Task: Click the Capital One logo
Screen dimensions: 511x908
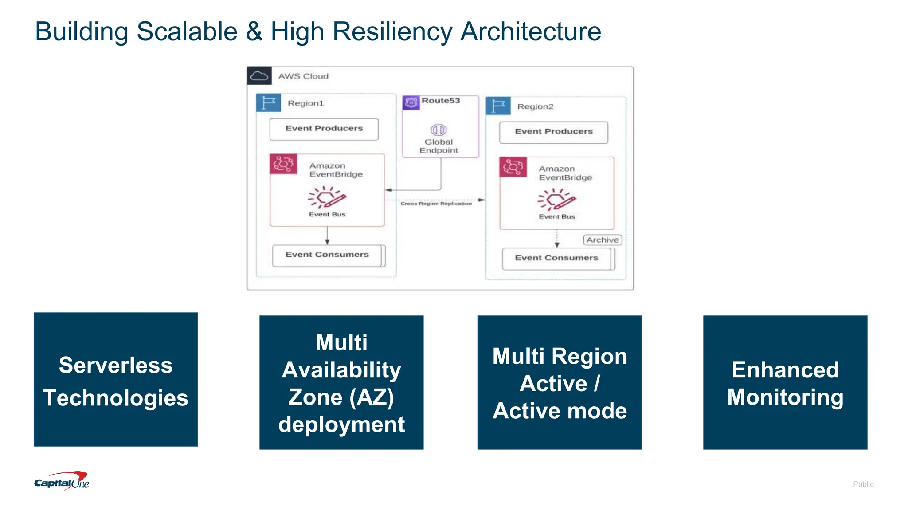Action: (62, 481)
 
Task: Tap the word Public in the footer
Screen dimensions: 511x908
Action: (863, 484)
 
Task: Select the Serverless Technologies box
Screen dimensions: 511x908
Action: (116, 380)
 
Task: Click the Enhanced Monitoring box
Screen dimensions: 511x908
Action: (785, 382)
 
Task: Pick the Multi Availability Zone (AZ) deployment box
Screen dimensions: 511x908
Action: (341, 382)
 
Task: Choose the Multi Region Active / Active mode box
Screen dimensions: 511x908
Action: (560, 382)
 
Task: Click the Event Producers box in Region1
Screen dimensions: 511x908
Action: (324, 129)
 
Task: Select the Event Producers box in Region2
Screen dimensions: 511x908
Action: (553, 132)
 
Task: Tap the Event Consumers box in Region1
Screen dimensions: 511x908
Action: (327, 255)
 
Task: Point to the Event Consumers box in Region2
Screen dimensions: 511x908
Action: (557, 259)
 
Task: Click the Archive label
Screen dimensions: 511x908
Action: (603, 240)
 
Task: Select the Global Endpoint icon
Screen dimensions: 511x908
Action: (438, 130)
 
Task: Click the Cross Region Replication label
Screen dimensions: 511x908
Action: (436, 204)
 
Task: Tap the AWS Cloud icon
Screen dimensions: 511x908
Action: (259, 76)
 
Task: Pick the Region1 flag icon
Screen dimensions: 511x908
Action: (269, 103)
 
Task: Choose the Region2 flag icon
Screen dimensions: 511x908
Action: (498, 106)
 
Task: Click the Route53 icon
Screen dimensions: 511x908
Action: (411, 102)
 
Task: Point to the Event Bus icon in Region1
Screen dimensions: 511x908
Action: (327, 197)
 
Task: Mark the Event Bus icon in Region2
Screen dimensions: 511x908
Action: (556, 200)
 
